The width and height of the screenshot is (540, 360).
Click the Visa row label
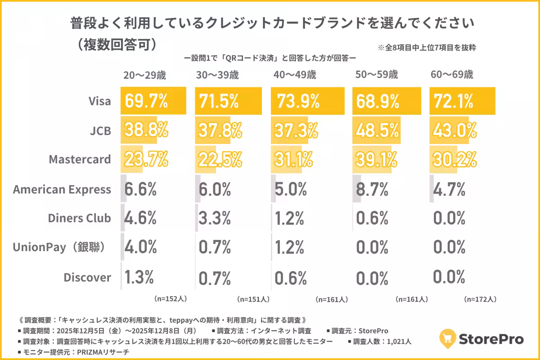tap(99, 101)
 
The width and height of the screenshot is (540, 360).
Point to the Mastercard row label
tap(80, 159)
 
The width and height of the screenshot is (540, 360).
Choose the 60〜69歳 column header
tap(452, 75)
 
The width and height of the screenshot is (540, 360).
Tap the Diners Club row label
tap(79, 218)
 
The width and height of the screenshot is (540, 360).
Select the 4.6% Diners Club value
tap(140, 218)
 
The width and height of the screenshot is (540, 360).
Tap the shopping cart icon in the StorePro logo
tap(447, 338)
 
